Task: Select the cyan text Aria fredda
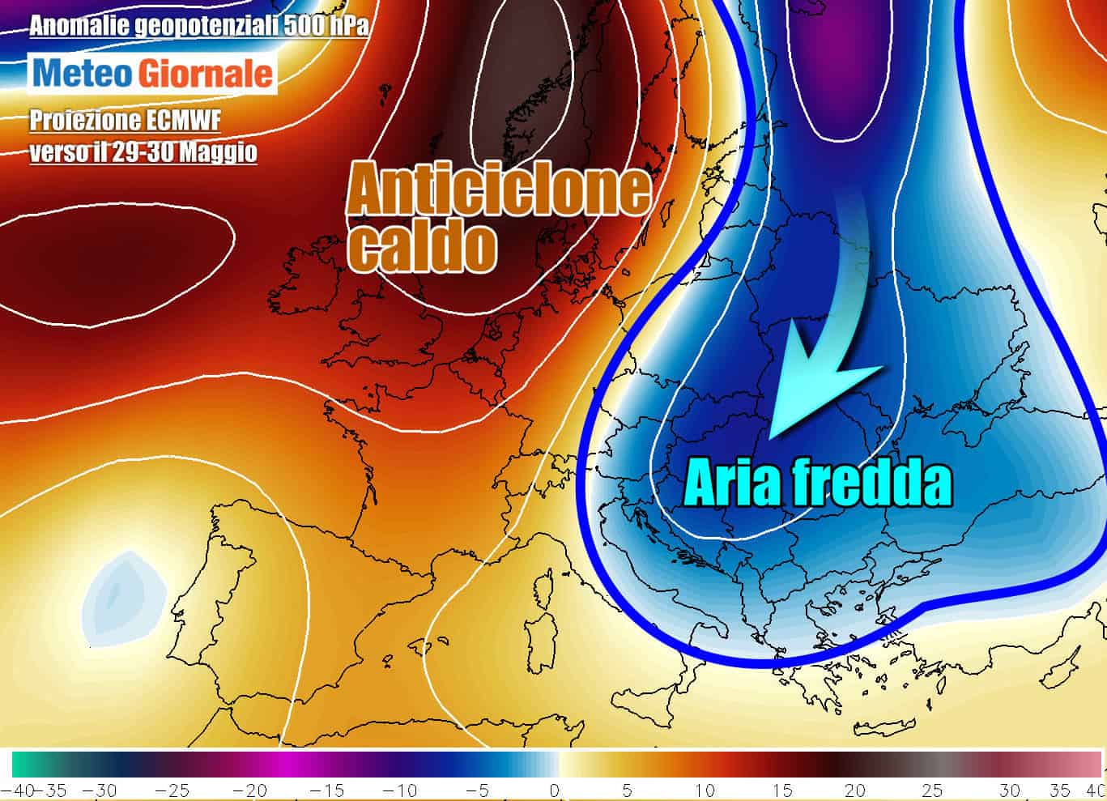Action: (x=818, y=484)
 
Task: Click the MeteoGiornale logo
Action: (x=153, y=74)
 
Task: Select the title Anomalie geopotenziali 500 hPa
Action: (x=199, y=27)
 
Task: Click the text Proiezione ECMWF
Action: (x=125, y=121)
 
